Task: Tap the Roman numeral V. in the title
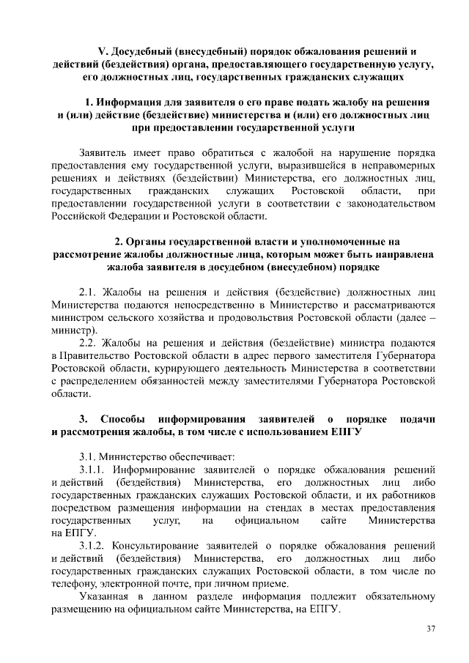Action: coord(103,51)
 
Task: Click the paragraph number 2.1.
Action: coord(89,291)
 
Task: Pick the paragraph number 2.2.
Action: coord(89,341)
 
